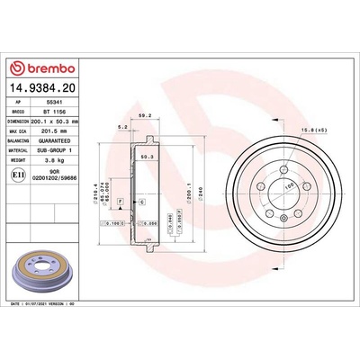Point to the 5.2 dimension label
point(122,128)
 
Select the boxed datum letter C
point(141,202)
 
